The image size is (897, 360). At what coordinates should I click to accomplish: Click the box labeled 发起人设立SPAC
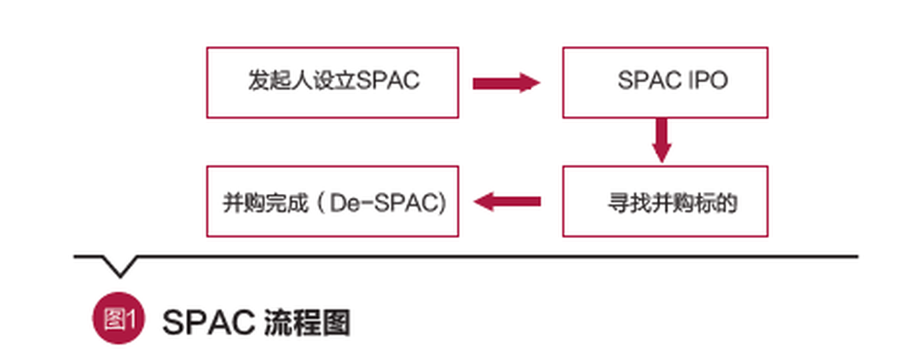coord(332,82)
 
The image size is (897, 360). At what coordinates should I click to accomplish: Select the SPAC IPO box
coord(664,82)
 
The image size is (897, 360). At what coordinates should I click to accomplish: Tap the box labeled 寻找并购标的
coord(664,201)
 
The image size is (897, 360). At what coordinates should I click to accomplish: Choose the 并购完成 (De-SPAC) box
coord(332,201)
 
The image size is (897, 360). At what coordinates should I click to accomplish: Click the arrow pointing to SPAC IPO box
coord(506,83)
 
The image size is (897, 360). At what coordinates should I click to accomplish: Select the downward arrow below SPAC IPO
coord(661,140)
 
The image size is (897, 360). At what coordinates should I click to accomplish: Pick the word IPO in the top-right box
coord(706,81)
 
